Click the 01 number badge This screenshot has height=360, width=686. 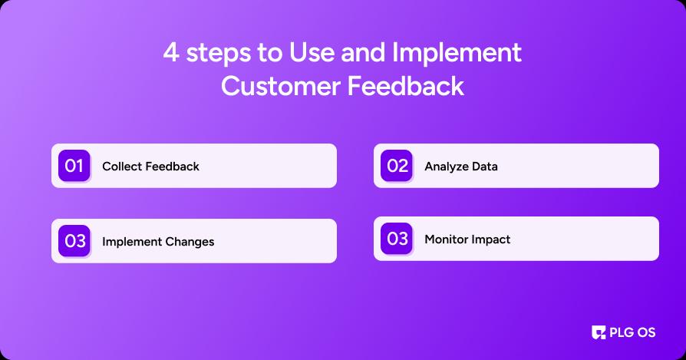pyautogui.click(x=74, y=166)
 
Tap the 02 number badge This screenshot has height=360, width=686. pyautogui.click(x=397, y=166)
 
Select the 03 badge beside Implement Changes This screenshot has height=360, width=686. pyautogui.click(x=74, y=241)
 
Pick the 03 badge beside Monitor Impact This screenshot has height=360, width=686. pyautogui.click(x=397, y=239)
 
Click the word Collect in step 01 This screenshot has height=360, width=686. pyautogui.click(x=122, y=167)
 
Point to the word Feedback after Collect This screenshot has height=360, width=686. pyautogui.click(x=173, y=167)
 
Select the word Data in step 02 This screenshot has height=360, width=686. pyautogui.click(x=485, y=167)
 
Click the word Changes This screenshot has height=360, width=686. pyautogui.click(x=190, y=242)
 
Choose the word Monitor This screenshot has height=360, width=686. pyautogui.click(x=444, y=239)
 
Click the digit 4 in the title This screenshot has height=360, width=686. pyautogui.click(x=171, y=53)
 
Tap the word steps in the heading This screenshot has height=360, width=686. pyautogui.click(x=219, y=54)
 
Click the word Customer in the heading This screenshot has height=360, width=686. pyautogui.click(x=281, y=86)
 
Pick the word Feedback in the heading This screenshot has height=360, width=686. pyautogui.click(x=406, y=85)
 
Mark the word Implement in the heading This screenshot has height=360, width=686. pyautogui.click(x=457, y=54)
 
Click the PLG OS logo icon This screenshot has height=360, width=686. pyautogui.click(x=599, y=332)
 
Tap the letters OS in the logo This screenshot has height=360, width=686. pyautogui.click(x=646, y=332)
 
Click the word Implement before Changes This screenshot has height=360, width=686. pyautogui.click(x=132, y=242)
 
